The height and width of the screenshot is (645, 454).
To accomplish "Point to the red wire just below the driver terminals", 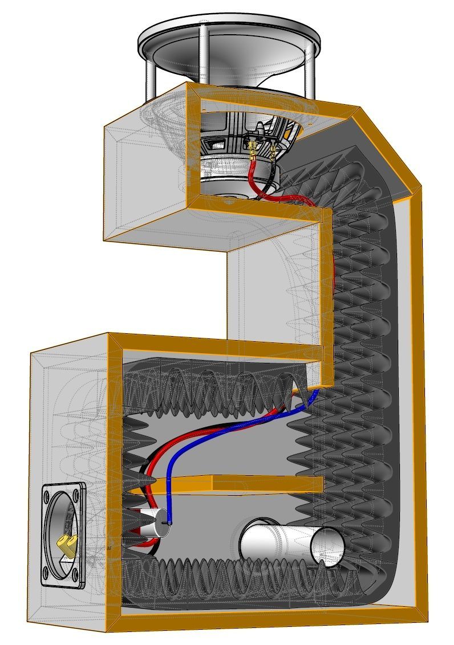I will click(251, 177).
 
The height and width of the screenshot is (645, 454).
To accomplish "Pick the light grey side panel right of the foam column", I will click(407, 399).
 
